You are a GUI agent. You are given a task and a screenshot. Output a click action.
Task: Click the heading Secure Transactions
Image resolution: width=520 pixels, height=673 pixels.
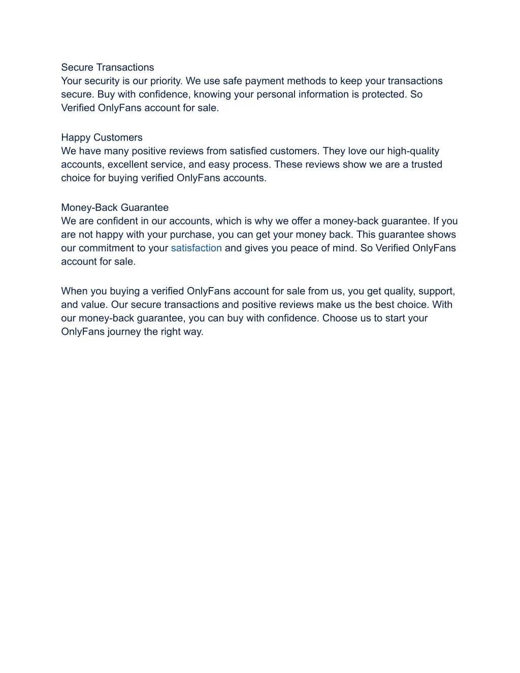pos(107,68)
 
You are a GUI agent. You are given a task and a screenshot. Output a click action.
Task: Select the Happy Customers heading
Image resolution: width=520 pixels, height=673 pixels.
pos(102,138)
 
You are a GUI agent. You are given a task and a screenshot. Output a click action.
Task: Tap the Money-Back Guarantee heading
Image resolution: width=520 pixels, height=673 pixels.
pos(115,208)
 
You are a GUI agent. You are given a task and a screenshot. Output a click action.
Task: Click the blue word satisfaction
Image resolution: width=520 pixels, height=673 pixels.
pos(196,248)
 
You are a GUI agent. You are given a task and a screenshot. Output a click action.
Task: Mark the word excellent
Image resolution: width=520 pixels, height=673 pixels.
pos(127,165)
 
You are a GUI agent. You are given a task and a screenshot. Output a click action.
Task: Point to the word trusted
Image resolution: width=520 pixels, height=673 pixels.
pos(427,165)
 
